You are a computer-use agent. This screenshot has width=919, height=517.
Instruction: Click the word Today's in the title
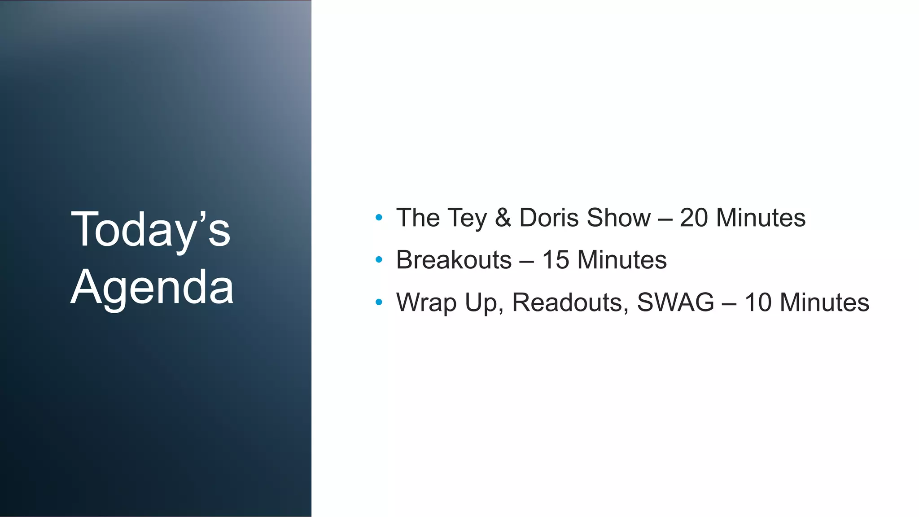pyautogui.click(x=150, y=230)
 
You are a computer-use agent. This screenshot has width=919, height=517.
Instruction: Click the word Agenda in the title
pyautogui.click(x=152, y=287)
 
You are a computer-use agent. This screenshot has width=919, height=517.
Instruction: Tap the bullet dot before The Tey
pyautogui.click(x=379, y=218)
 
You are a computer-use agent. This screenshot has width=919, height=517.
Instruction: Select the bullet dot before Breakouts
pyautogui.click(x=379, y=260)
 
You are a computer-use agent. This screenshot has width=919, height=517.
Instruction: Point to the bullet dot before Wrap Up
pyautogui.click(x=379, y=302)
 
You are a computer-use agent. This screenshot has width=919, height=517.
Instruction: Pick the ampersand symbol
pyautogui.click(x=503, y=218)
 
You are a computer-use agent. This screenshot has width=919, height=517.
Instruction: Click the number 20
pyautogui.click(x=694, y=218)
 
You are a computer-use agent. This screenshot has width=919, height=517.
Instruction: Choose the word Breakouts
pyautogui.click(x=454, y=260)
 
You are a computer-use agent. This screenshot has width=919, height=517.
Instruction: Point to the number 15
pyautogui.click(x=556, y=260)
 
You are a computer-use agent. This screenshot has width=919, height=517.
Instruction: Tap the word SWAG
pyautogui.click(x=675, y=302)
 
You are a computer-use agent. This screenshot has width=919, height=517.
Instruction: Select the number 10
pyautogui.click(x=758, y=302)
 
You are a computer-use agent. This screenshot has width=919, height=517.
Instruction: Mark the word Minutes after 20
pyautogui.click(x=761, y=218)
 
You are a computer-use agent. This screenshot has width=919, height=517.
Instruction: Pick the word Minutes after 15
pyautogui.click(x=622, y=260)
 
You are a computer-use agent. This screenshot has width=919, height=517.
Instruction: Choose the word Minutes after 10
pyautogui.click(x=825, y=302)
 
